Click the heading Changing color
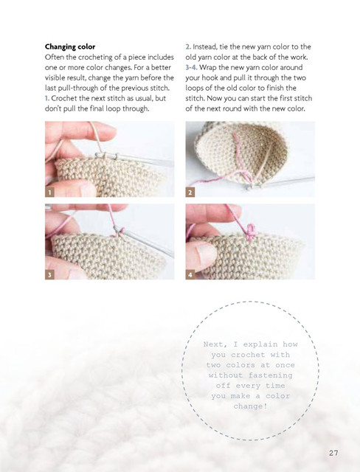[70, 47]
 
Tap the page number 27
[333, 453]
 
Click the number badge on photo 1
[49, 192]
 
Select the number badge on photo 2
[190, 192]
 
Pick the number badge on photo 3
[49, 274]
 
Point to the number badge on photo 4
[190, 274]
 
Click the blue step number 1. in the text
[47, 98]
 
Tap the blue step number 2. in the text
[188, 47]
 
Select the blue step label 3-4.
[192, 67]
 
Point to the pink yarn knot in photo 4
[251, 232]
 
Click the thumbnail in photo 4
[205, 255]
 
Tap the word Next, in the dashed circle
[215, 344]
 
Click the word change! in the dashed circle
[250, 406]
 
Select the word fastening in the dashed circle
[270, 375]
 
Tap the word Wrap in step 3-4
[207, 68]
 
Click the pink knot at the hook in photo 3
[119, 231]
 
